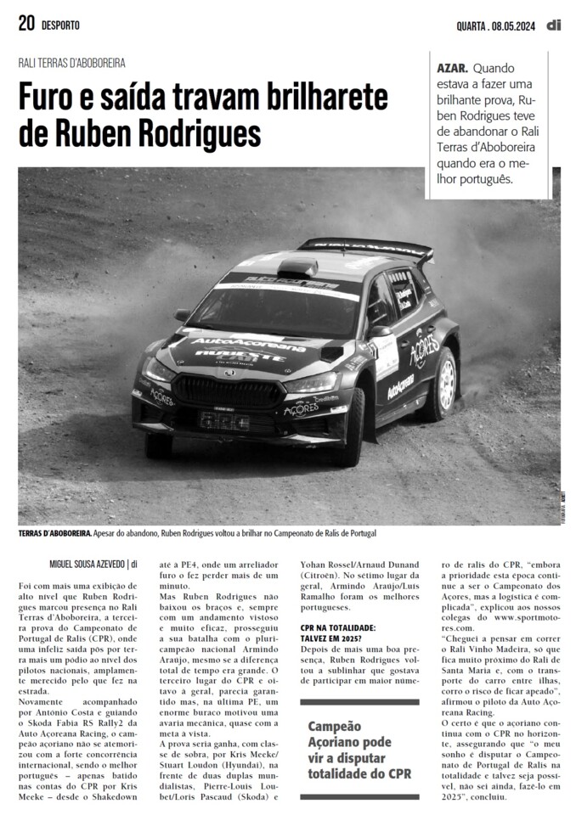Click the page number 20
(26, 24)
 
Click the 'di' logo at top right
(553, 24)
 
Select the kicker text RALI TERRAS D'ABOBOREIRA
(72, 63)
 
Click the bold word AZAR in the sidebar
(451, 66)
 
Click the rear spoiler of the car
(365, 247)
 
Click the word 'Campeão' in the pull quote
(334, 727)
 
